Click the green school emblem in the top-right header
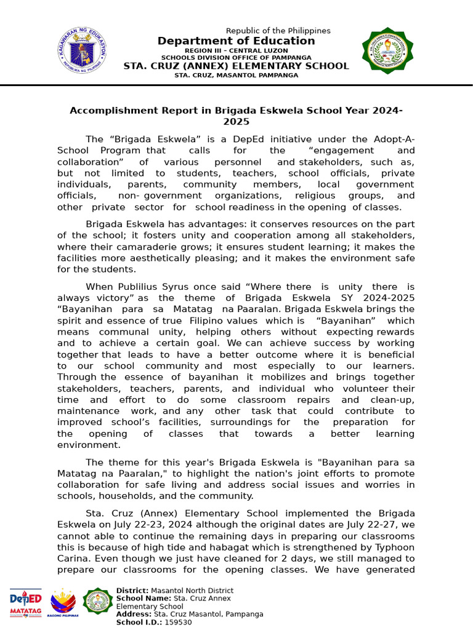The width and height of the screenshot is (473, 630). (x=387, y=50)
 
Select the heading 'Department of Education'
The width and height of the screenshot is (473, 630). (x=236, y=41)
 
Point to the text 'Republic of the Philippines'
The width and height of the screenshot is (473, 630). (x=278, y=31)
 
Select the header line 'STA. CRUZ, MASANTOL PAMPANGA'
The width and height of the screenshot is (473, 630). (x=236, y=75)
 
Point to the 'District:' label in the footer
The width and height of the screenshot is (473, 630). (x=132, y=591)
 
